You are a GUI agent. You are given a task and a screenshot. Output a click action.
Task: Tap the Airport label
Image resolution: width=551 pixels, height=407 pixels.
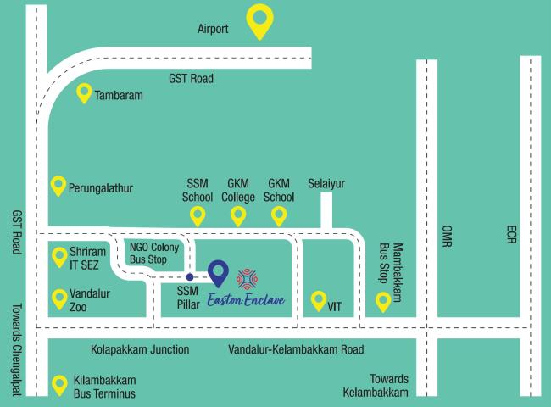(x=213, y=30)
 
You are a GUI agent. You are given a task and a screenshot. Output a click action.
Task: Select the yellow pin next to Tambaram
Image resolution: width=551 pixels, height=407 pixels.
(x=84, y=92)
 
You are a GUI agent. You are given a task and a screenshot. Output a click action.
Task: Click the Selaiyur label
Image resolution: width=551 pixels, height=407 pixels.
(x=327, y=183)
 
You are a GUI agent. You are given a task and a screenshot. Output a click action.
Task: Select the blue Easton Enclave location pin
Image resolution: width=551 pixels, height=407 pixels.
(x=219, y=272)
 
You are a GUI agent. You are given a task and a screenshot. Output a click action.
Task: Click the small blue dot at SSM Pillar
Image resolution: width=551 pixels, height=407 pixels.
(x=190, y=277)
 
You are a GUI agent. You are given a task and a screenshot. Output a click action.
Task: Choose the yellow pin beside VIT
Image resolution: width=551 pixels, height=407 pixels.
(x=319, y=299)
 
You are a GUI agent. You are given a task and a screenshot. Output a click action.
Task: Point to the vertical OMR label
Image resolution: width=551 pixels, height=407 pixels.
(x=448, y=237)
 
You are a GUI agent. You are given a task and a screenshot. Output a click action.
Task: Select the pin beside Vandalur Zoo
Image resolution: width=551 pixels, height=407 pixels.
(x=59, y=298)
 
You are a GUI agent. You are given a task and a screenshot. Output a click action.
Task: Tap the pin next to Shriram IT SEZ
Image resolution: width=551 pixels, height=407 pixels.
(x=59, y=255)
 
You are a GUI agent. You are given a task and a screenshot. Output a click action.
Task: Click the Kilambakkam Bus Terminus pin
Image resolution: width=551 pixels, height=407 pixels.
(x=59, y=384)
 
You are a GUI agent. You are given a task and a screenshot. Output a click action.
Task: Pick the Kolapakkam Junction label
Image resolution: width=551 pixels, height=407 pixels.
(x=140, y=349)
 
